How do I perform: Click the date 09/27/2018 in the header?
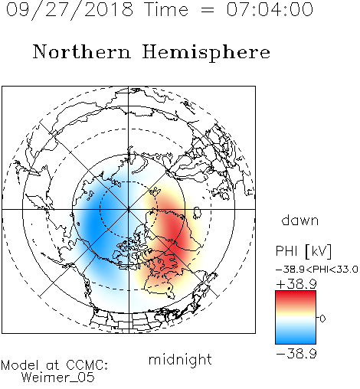[x=70, y=10]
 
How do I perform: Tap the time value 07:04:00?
[x=270, y=9]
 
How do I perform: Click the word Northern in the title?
[x=82, y=51]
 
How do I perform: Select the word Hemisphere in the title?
[x=206, y=52]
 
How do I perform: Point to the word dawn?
[x=300, y=220]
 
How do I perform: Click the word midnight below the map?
[x=180, y=360]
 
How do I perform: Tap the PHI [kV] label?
[x=303, y=251]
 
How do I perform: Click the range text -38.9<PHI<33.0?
[x=317, y=270]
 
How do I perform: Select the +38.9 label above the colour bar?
[x=296, y=284]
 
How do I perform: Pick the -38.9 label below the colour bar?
[x=296, y=354]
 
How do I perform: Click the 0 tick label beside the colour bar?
[x=322, y=319]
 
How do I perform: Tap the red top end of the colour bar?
[x=296, y=293]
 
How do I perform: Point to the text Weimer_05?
[x=58, y=378]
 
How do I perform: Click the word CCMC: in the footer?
[x=87, y=365]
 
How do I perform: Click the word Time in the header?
[x=166, y=9]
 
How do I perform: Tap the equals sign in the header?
[x=208, y=10]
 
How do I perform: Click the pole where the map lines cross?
[x=129, y=209]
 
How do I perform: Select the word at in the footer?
[x=52, y=365]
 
